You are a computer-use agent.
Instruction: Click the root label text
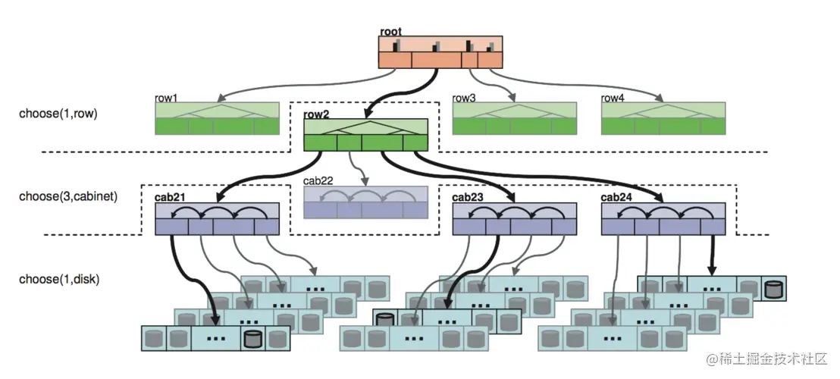point(391,31)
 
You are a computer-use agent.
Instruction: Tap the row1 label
point(166,98)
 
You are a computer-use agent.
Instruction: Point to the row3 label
point(464,98)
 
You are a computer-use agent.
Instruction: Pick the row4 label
point(613,98)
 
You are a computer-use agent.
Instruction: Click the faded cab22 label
point(319,180)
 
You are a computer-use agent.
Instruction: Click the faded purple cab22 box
point(365,202)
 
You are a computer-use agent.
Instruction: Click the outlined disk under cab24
point(773,289)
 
